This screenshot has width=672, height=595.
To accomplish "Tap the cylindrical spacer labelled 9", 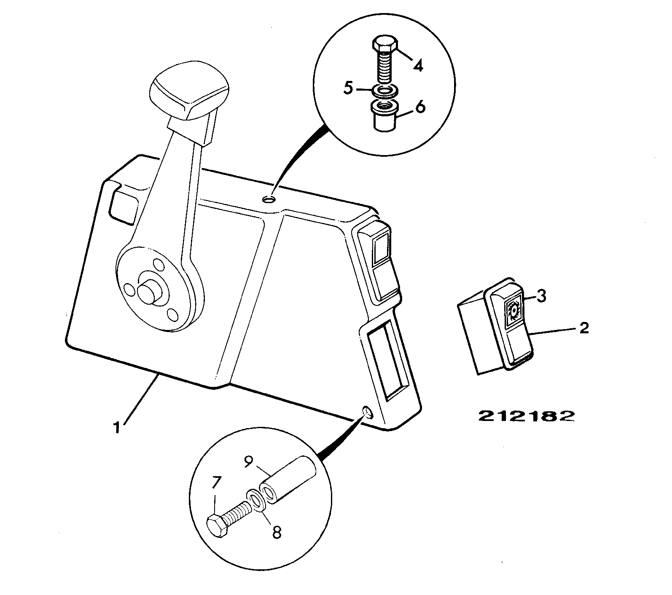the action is pos(288,480).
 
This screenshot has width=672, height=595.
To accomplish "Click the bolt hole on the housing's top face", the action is pos(269,198).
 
